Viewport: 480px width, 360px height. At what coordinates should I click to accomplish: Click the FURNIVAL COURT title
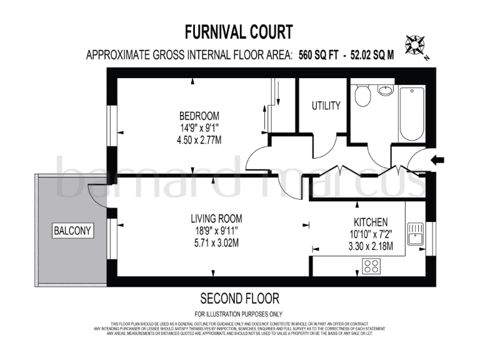(239, 31)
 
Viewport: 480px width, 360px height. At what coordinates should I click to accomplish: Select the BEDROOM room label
(199, 116)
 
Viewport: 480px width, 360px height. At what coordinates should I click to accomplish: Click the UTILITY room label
(326, 106)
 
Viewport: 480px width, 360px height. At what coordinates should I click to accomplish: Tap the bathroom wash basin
(386, 90)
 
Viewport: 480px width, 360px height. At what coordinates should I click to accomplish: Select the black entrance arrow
(437, 161)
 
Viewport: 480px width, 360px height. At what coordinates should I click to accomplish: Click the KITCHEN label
(371, 222)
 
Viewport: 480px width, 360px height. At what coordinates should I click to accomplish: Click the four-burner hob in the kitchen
(372, 266)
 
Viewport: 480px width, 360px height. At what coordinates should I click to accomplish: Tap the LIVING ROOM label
(216, 219)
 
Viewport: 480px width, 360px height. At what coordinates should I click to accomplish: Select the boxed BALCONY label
(72, 231)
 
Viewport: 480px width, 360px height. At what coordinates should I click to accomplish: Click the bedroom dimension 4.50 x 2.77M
(199, 139)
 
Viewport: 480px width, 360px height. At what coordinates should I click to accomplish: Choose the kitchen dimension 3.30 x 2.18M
(371, 246)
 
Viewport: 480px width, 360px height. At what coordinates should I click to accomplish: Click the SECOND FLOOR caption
(239, 298)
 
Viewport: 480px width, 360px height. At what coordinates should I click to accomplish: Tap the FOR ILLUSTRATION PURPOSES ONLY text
(239, 313)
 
